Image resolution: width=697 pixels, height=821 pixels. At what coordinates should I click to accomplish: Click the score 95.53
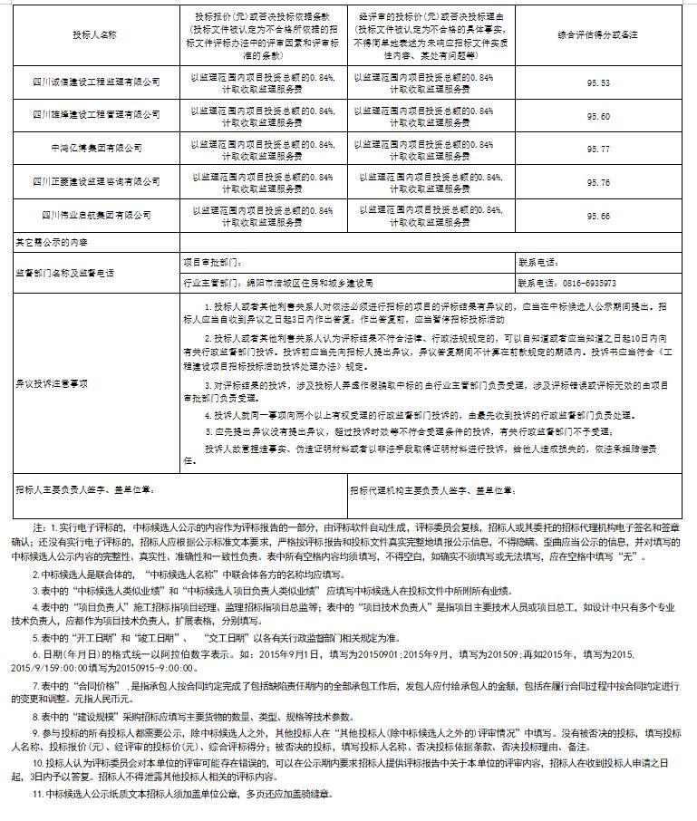598,82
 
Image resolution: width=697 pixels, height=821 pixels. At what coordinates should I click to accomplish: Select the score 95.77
598,149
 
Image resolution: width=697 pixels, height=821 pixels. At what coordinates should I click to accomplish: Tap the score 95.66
598,216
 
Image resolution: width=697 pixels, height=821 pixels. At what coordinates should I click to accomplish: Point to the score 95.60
598,116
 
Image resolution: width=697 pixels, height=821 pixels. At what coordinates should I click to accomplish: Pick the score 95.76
598,182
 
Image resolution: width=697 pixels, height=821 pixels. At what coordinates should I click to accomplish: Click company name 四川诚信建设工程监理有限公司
95,82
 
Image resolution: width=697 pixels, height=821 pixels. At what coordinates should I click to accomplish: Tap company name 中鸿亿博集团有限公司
95,149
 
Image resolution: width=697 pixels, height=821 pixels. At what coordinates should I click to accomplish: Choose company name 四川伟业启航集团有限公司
95,216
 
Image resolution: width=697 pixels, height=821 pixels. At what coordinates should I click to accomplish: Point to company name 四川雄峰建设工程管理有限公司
95,116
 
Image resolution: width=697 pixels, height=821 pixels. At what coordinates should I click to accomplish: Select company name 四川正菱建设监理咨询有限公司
95,182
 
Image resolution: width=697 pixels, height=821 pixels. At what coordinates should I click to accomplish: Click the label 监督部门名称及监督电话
63,271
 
